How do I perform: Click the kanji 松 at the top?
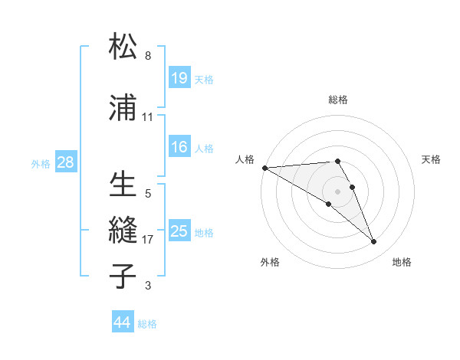[x=124, y=47]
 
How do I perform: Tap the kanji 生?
[x=124, y=185]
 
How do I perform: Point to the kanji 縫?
[x=124, y=231]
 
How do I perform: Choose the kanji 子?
[x=124, y=277]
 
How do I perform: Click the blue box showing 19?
[x=179, y=77]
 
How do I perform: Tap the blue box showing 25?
[x=179, y=231]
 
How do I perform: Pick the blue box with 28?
[x=65, y=162]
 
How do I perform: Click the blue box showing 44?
[x=123, y=322]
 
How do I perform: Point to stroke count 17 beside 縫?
[x=148, y=240]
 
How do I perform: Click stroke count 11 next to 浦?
[x=148, y=117]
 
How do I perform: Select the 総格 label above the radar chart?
[x=338, y=100]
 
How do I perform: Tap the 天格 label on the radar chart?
[x=432, y=159]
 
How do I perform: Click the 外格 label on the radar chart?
[x=270, y=262]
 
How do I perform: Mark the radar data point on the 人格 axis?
[x=264, y=167]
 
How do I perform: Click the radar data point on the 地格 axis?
[x=374, y=242]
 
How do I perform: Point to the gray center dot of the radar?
[x=337, y=191]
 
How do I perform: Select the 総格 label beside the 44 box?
[x=148, y=323]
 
